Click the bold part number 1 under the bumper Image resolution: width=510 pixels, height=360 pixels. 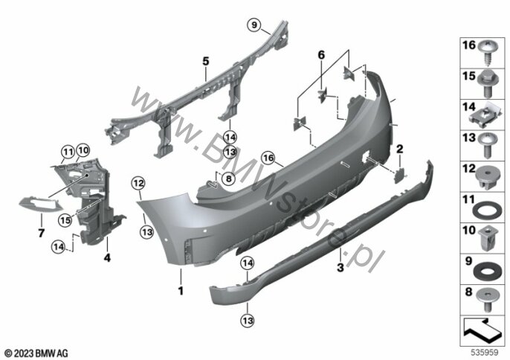point(179,286)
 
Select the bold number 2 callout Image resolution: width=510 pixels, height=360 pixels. point(399,149)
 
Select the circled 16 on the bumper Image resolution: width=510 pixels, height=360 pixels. point(268,158)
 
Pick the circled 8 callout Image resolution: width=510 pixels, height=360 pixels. point(228,179)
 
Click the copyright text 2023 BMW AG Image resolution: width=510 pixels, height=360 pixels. point(36,351)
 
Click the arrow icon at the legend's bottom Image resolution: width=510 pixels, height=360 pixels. point(483,326)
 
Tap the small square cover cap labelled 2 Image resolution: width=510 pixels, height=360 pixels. point(397,173)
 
